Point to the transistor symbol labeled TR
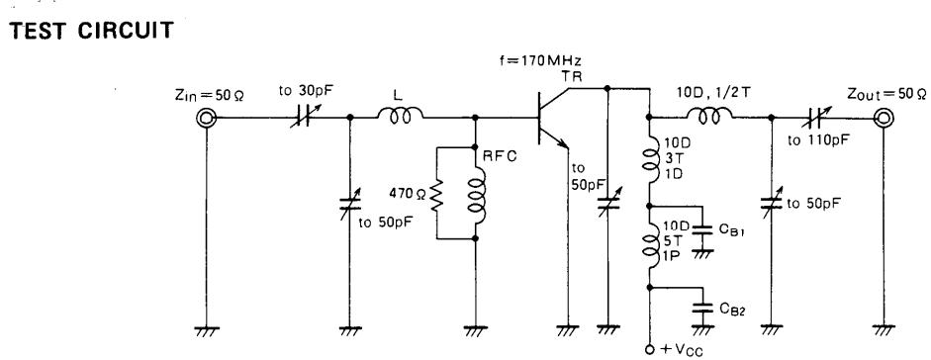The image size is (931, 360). click(x=550, y=118)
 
